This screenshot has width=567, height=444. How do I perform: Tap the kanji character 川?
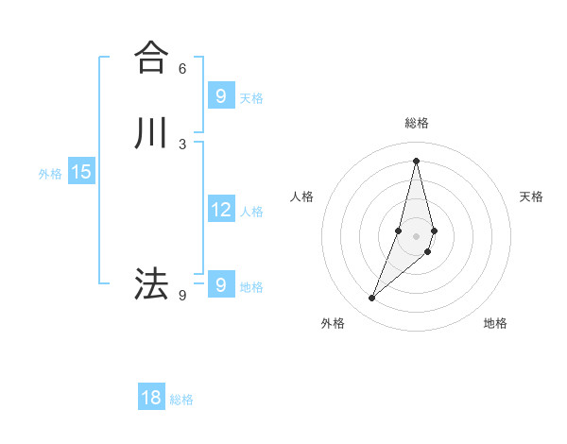151,133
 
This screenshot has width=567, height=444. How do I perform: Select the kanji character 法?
151,283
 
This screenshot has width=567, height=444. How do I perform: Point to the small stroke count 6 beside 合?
182,68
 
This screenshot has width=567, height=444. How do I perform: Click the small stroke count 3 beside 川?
182,144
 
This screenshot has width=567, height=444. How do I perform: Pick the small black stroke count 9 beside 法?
182,295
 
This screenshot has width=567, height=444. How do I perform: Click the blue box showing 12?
220,210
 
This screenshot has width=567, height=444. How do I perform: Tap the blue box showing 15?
81,172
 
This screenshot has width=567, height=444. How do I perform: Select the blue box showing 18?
151,398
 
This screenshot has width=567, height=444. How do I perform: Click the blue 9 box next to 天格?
220,95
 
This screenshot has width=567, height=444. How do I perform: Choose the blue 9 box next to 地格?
220,284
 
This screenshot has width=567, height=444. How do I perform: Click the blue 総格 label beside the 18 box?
181,400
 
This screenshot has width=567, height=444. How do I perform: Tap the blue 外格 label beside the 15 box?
50,174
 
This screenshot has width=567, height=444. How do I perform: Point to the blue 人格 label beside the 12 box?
252,212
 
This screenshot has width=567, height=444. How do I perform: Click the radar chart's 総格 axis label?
417,123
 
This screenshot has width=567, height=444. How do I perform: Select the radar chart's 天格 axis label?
531,196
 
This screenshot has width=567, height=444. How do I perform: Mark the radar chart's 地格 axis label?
495,323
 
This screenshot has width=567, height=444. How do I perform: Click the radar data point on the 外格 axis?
371,299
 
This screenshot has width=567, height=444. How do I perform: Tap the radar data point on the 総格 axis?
417,161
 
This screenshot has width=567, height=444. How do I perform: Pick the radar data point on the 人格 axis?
399,231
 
